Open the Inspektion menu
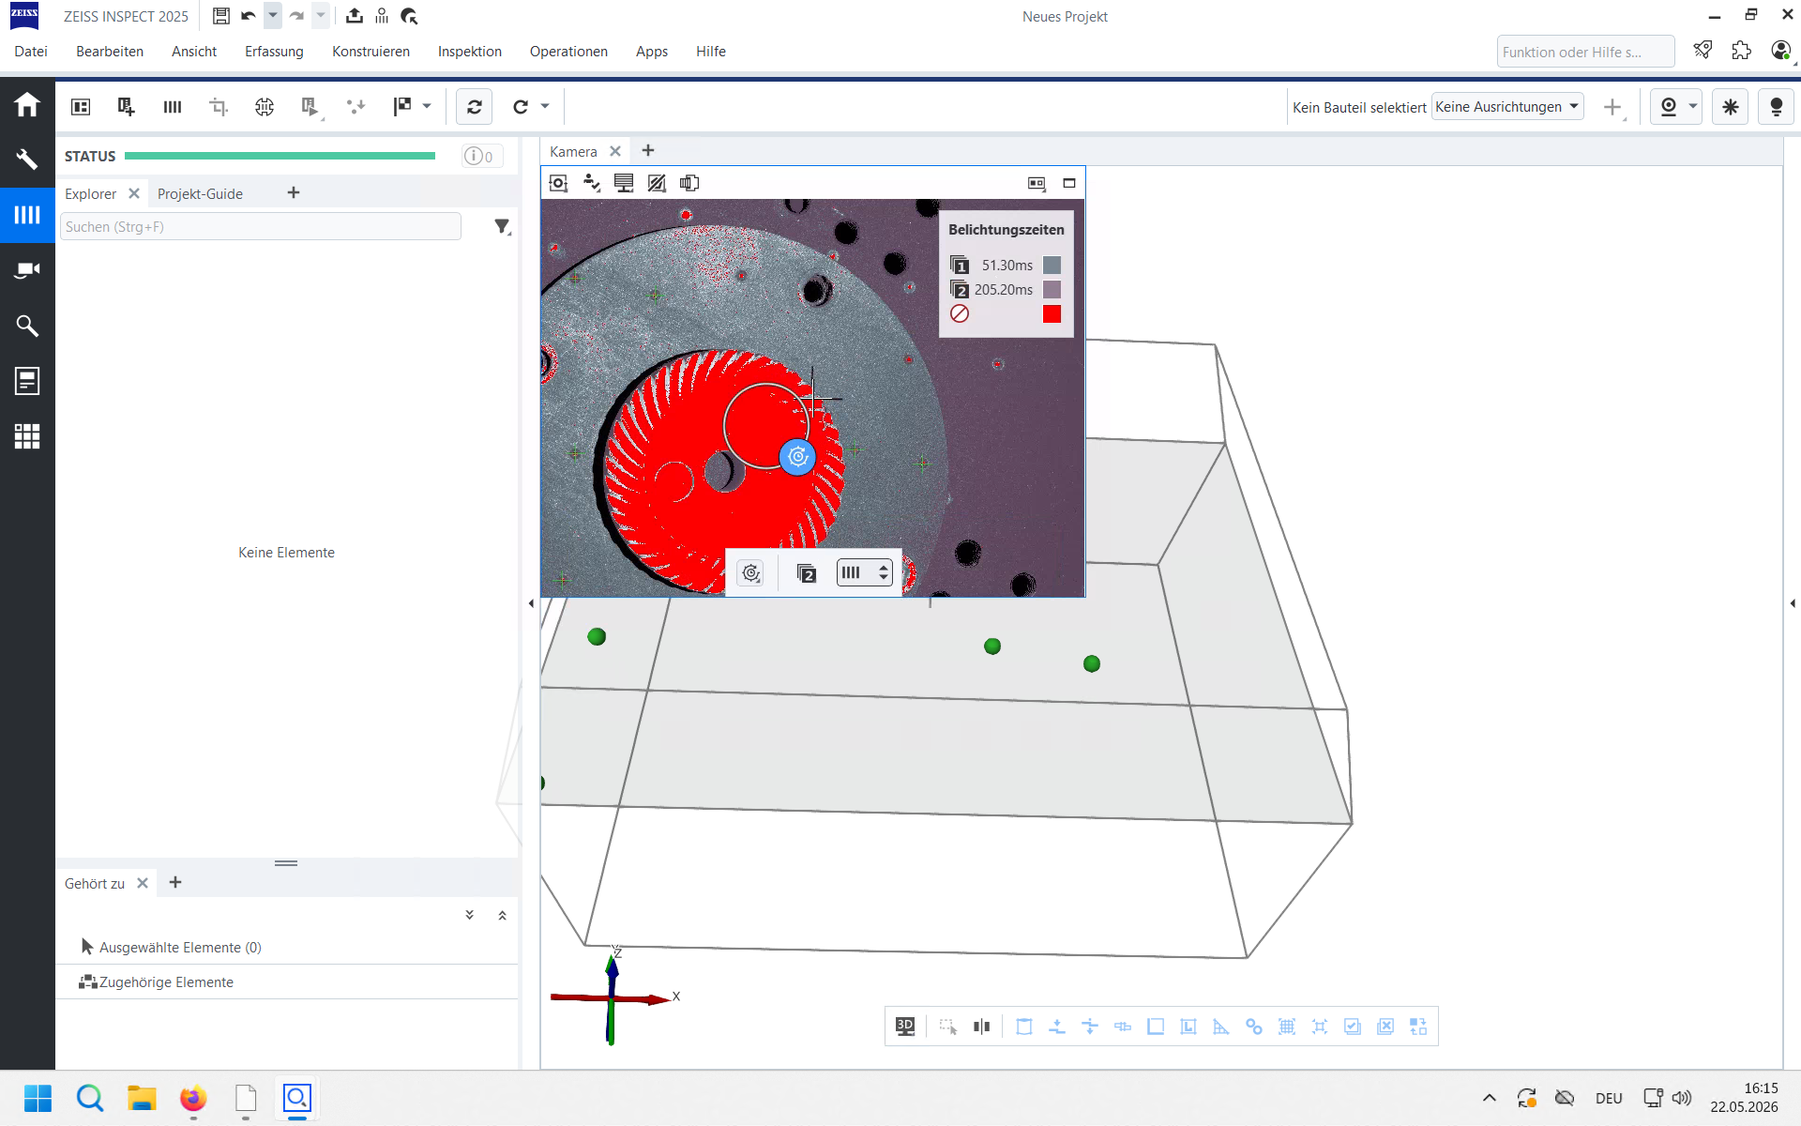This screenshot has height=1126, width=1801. click(469, 52)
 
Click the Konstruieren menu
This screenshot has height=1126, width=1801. click(371, 52)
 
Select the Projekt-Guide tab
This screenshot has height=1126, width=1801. click(200, 193)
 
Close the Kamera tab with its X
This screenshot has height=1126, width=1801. click(615, 151)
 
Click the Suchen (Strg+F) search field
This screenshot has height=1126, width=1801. click(261, 226)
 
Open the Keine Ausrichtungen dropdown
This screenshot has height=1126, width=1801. click(1507, 107)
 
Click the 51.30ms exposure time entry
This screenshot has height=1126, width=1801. click(1006, 266)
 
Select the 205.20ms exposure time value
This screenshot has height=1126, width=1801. click(1003, 290)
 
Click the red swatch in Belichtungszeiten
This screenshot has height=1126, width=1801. click(1052, 314)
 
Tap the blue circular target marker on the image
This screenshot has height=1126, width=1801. click(797, 457)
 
